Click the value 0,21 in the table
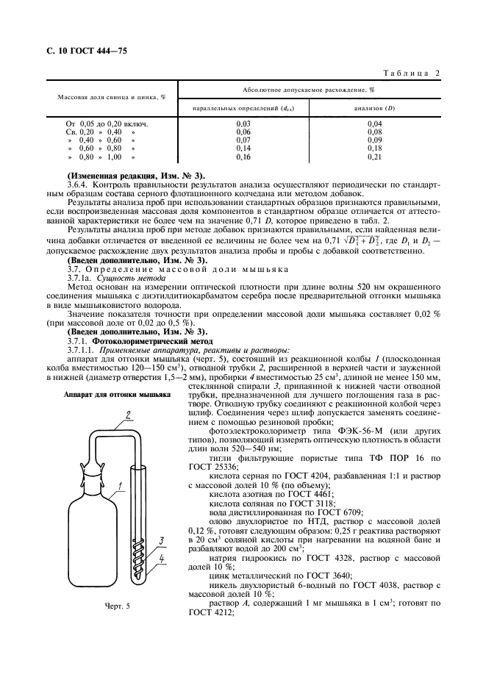(374, 157)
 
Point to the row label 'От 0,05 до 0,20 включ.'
(107, 123)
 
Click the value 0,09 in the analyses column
(374, 140)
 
